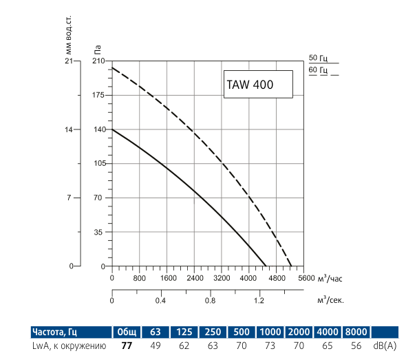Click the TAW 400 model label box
coord(257,85)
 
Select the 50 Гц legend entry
coord(319,58)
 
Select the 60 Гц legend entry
coord(319,70)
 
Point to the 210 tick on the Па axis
coord(98,61)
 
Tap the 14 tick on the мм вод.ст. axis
coord(68,129)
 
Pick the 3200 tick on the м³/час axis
coord(222,279)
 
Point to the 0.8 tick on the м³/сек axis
coord(210,301)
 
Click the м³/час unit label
coord(330,279)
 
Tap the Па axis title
coord(98,48)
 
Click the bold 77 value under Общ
coord(126,346)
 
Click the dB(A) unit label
coord(385,346)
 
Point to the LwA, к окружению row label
coord(69,346)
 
